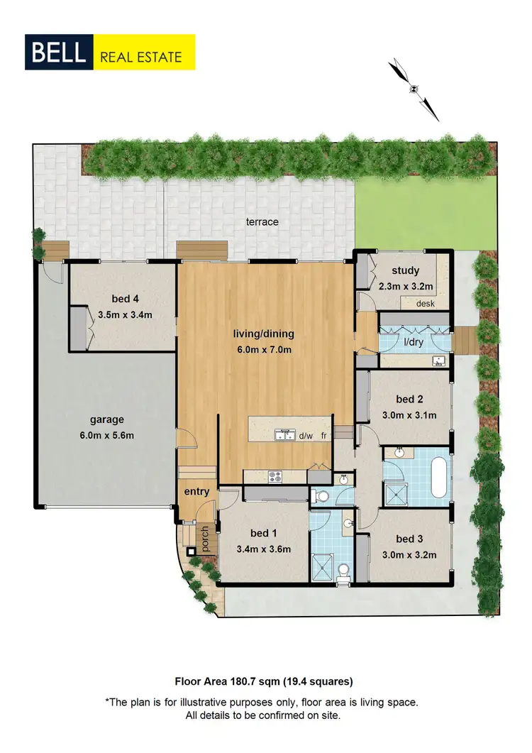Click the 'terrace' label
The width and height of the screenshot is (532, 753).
coord(262,222)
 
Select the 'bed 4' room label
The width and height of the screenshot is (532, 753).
coord(125,298)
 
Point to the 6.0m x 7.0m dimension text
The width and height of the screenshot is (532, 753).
coord(264,348)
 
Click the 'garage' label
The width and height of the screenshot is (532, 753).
coord(107,419)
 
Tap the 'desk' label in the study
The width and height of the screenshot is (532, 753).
coord(426,304)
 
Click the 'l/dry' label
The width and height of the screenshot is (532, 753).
coord(414,342)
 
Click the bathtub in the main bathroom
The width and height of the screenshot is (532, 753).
coord(440,476)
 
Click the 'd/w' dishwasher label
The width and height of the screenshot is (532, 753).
coord(306,436)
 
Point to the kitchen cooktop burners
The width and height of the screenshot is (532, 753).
coord(275,476)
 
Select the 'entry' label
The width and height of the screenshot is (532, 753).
coord(196,492)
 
